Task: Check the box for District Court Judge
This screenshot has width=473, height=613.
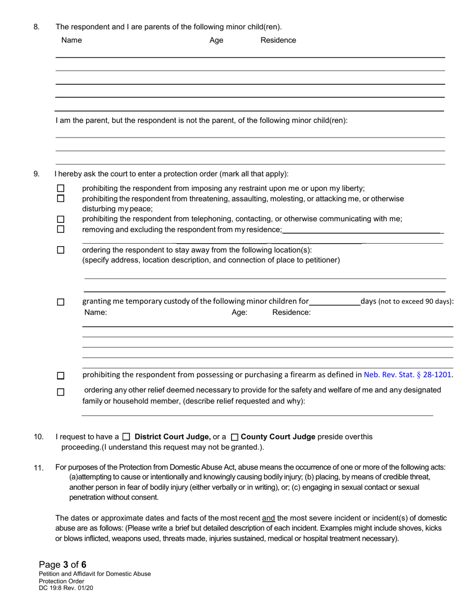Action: tap(126, 437)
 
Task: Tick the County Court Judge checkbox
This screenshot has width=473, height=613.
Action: tap(235, 437)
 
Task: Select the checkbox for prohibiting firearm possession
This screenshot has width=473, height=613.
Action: tap(61, 376)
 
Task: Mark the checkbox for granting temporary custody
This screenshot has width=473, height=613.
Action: tap(61, 302)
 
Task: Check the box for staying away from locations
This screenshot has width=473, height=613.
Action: tap(61, 250)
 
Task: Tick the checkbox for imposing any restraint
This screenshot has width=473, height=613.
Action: tap(61, 188)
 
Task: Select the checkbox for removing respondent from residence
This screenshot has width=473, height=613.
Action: tap(61, 229)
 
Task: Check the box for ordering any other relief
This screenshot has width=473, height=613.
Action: tap(61, 392)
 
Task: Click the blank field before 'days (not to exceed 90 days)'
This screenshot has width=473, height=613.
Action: tap(335, 301)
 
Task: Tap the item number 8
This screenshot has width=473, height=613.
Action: tap(36, 27)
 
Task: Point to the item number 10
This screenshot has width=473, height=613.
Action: tap(38, 437)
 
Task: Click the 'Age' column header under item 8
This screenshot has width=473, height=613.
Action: tap(216, 40)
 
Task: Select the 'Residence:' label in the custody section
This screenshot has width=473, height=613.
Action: tap(291, 312)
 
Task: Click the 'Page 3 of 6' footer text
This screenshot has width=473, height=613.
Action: tap(63, 565)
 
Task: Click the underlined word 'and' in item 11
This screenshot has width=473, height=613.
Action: tap(268, 518)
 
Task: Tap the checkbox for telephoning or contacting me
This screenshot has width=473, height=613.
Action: tap(61, 219)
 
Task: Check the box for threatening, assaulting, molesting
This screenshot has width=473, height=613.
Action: tap(61, 198)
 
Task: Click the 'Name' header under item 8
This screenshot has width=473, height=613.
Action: tap(72, 40)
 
